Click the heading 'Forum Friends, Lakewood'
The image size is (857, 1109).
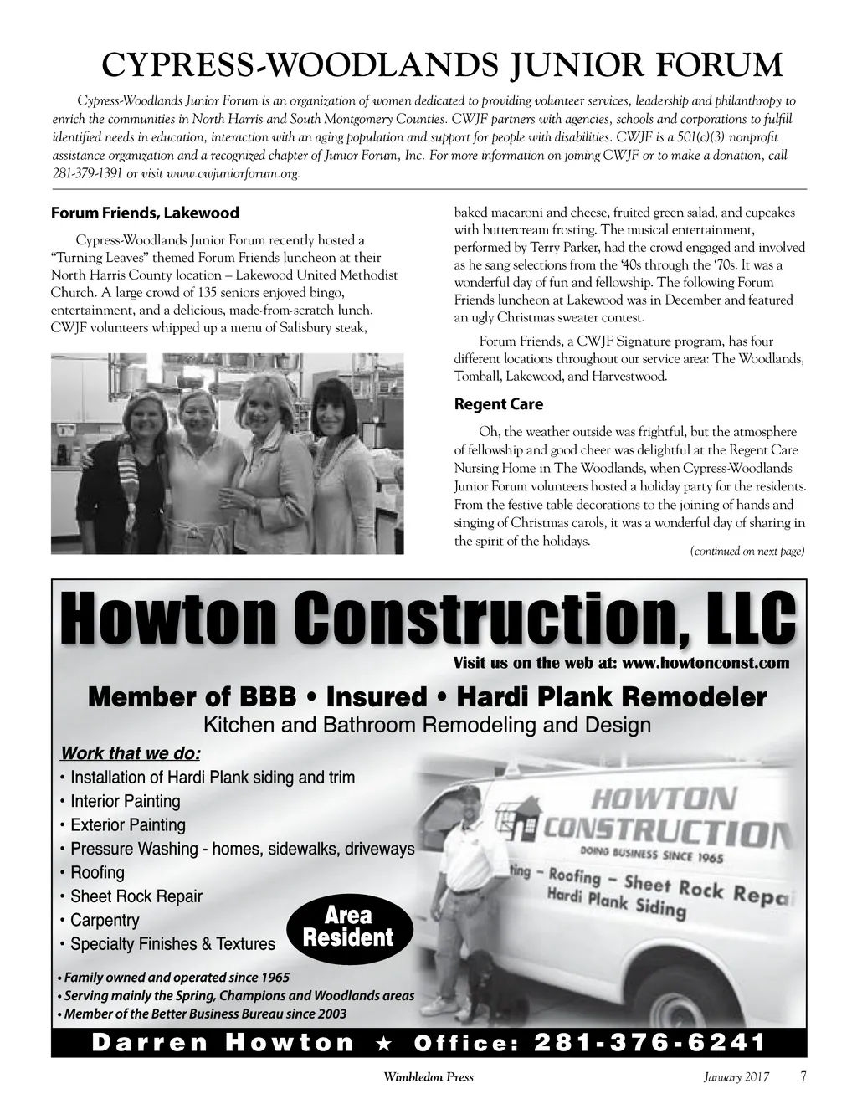click(145, 213)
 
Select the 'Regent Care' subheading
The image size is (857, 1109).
click(498, 404)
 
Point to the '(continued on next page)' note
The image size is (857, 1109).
click(747, 551)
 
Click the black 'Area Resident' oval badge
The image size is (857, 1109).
click(349, 927)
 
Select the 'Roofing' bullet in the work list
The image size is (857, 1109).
click(97, 872)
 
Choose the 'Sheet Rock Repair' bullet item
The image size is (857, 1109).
click(136, 896)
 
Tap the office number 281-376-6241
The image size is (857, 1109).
click(649, 1042)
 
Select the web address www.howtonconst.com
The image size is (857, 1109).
click(706, 664)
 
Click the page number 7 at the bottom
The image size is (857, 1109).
click(803, 1076)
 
